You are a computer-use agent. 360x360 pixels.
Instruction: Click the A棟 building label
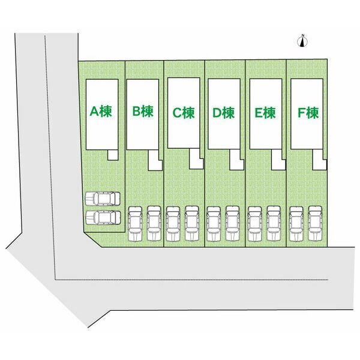coord(101,112)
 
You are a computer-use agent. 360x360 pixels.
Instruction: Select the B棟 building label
coord(143,112)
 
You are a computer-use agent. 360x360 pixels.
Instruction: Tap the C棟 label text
coord(184,113)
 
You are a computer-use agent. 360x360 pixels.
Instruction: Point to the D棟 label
coord(224,113)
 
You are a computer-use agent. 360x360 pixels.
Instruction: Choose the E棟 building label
coord(265,113)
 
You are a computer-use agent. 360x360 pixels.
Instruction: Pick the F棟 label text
coord(308,113)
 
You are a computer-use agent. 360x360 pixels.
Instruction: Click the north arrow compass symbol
coord(302,41)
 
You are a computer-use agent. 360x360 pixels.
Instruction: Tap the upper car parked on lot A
coord(103,199)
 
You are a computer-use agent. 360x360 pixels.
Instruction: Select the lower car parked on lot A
coord(103,218)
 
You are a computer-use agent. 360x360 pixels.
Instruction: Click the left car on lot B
coord(136,223)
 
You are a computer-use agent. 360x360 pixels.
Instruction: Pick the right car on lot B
coord(154,223)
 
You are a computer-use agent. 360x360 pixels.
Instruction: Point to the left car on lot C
coord(173,223)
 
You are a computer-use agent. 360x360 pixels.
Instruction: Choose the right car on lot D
coord(233,223)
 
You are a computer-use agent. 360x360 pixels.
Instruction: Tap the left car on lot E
coord(255,223)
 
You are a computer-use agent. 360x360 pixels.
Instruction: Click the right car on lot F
coord(315,223)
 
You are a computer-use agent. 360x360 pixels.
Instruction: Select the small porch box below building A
coord(113,155)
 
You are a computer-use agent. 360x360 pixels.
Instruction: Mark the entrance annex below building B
coord(155,160)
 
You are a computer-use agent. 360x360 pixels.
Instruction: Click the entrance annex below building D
coord(237,160)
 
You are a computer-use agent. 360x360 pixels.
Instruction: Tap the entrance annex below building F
coord(320,160)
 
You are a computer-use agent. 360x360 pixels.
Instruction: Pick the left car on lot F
coord(296,223)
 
